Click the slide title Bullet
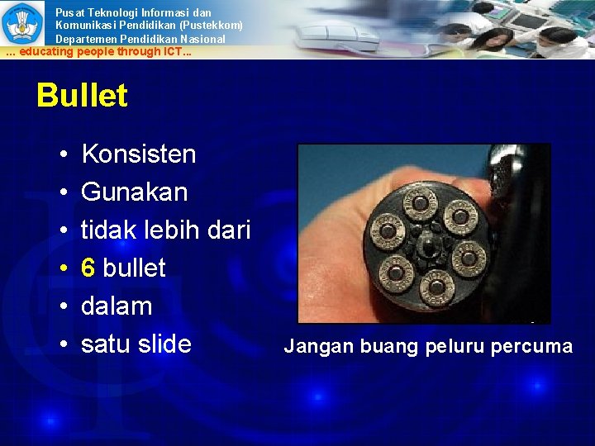point(82,97)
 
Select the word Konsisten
point(139,154)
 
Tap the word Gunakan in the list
point(134,192)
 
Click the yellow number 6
point(88,268)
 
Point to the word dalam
point(117,306)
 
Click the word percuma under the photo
point(531,347)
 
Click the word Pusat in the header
point(70,12)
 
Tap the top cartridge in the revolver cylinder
point(420,202)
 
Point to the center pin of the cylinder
point(427,245)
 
